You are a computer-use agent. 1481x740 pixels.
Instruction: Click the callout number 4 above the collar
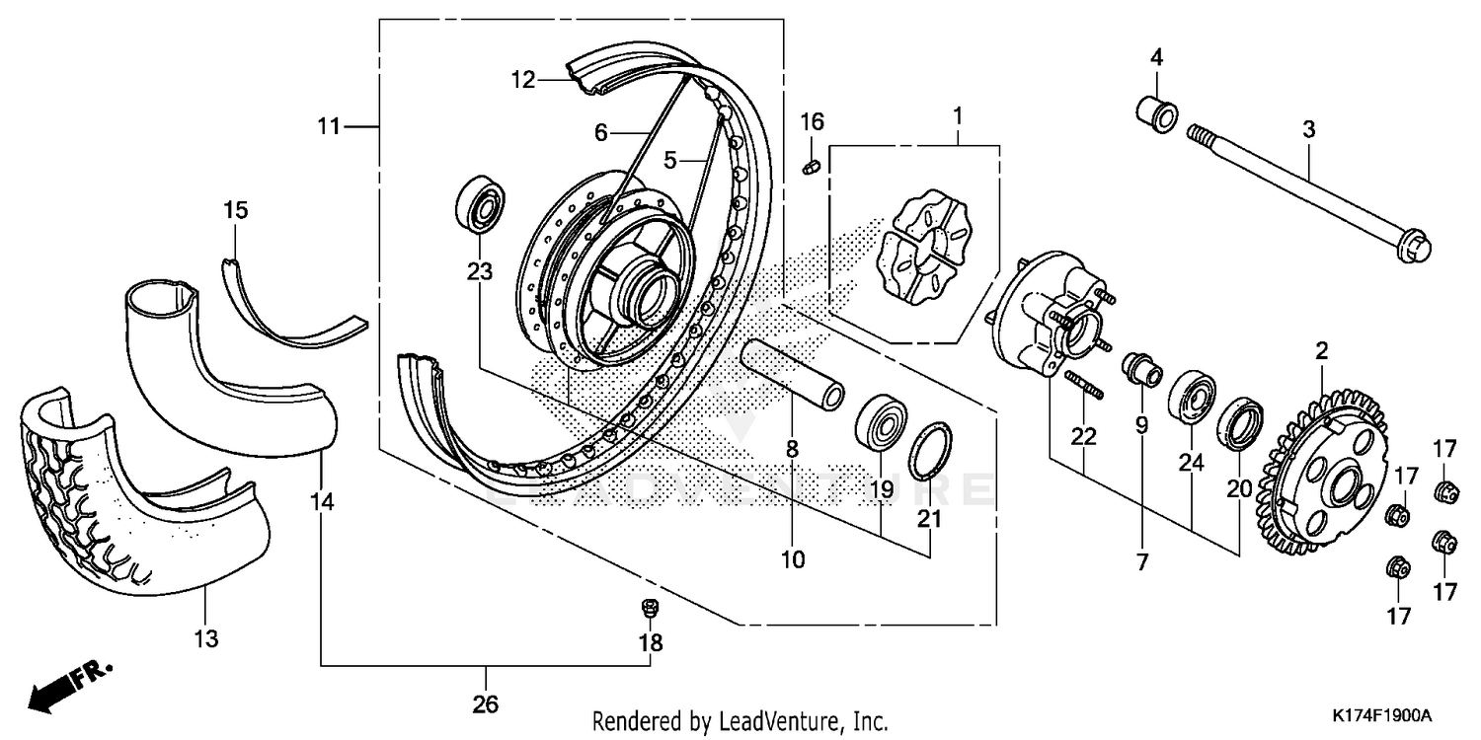click(x=1155, y=57)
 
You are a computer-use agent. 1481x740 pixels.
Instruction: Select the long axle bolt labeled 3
click(x=1303, y=191)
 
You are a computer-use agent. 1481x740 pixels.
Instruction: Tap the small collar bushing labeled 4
click(x=1154, y=112)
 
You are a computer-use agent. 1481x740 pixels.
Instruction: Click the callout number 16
click(x=812, y=122)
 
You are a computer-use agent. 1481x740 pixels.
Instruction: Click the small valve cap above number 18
click(x=650, y=609)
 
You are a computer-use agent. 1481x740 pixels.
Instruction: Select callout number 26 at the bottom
click(x=486, y=704)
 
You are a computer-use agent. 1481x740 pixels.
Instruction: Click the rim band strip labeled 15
click(x=286, y=307)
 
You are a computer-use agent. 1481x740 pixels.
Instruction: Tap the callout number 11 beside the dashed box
click(x=329, y=126)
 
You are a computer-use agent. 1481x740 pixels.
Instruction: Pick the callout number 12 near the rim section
click(x=522, y=80)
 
